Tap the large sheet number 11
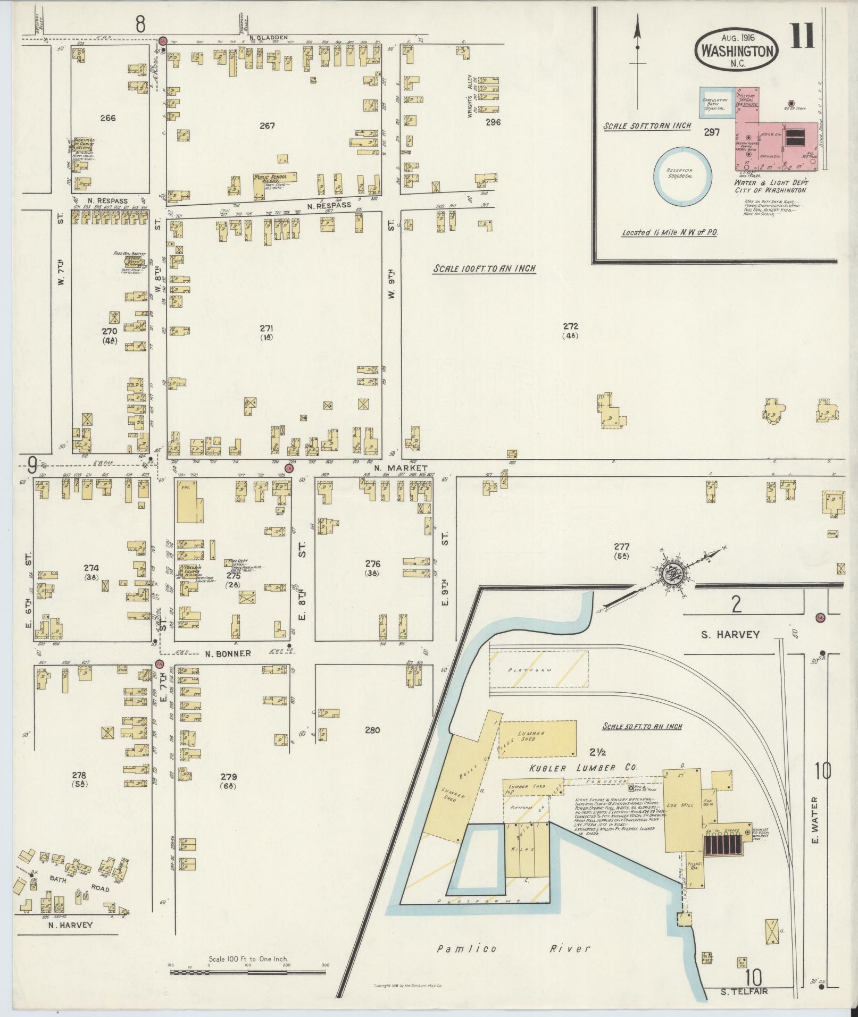[x=803, y=37]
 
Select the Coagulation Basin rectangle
[x=717, y=103]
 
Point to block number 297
[x=712, y=132]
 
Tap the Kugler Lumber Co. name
[x=584, y=768]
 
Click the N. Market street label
[x=394, y=468]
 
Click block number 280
[x=372, y=730]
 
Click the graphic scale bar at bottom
[x=247, y=972]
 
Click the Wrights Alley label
[x=470, y=96]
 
